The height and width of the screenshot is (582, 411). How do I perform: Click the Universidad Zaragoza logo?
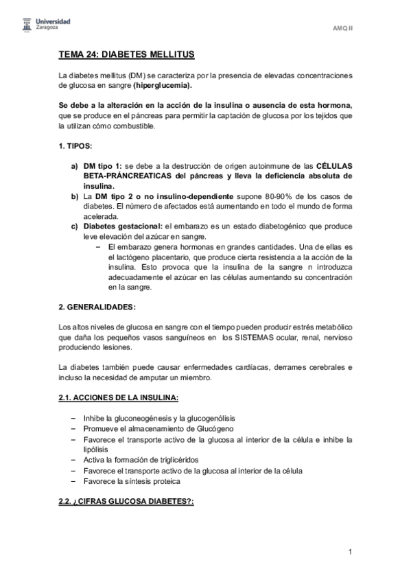(x=43, y=25)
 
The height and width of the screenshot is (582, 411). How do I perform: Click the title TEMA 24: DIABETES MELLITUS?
(x=128, y=54)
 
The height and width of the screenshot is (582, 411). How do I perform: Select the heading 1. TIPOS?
(x=75, y=148)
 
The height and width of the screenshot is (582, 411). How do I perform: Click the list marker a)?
(x=75, y=167)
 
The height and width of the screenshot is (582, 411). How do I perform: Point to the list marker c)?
(x=75, y=226)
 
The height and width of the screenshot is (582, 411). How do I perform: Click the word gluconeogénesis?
(x=143, y=419)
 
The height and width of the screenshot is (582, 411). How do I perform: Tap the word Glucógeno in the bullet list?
(x=215, y=429)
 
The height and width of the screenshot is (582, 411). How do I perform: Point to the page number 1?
(x=350, y=551)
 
